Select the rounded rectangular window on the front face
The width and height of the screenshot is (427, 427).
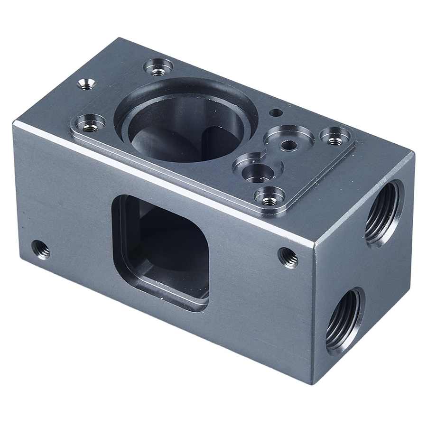tap(161, 251)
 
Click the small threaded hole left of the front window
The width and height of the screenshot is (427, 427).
tap(40, 249)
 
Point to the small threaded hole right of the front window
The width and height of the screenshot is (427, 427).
tap(288, 257)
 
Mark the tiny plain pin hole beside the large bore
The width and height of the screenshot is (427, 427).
tap(275, 112)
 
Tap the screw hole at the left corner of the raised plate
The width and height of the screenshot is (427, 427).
tap(89, 124)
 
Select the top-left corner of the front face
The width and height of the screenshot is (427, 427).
tap(14, 122)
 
